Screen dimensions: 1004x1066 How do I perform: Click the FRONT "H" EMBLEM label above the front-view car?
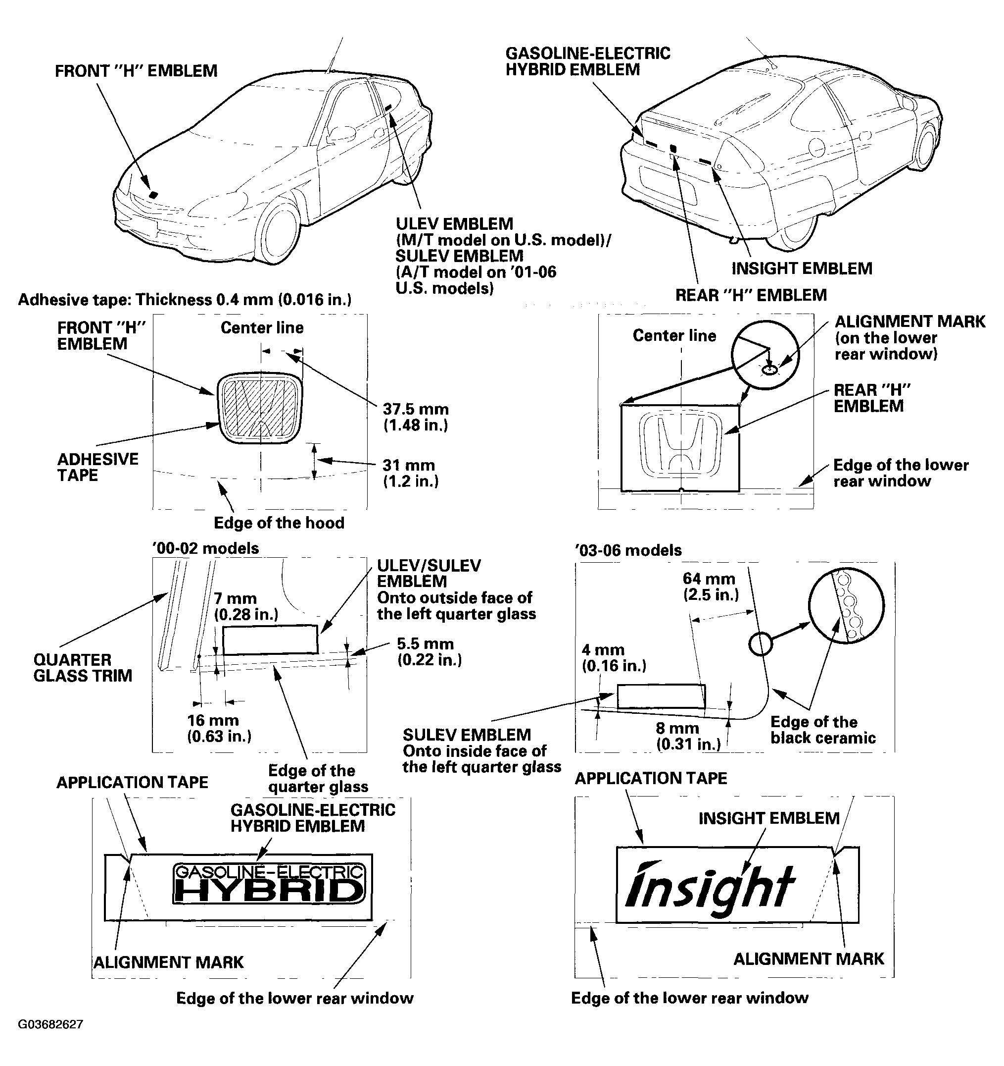(136, 71)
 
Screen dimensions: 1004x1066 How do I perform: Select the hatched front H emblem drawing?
(260, 408)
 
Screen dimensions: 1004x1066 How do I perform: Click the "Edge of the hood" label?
(279, 523)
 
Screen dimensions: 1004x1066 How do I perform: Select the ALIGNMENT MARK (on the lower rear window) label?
(909, 338)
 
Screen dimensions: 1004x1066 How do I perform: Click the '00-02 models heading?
(206, 548)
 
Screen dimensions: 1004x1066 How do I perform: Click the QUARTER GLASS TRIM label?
(83, 668)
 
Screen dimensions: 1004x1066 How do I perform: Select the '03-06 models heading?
(628, 550)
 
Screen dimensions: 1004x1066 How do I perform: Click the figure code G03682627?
(50, 1025)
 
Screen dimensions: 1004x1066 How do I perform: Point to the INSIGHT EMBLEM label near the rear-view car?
(802, 268)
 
